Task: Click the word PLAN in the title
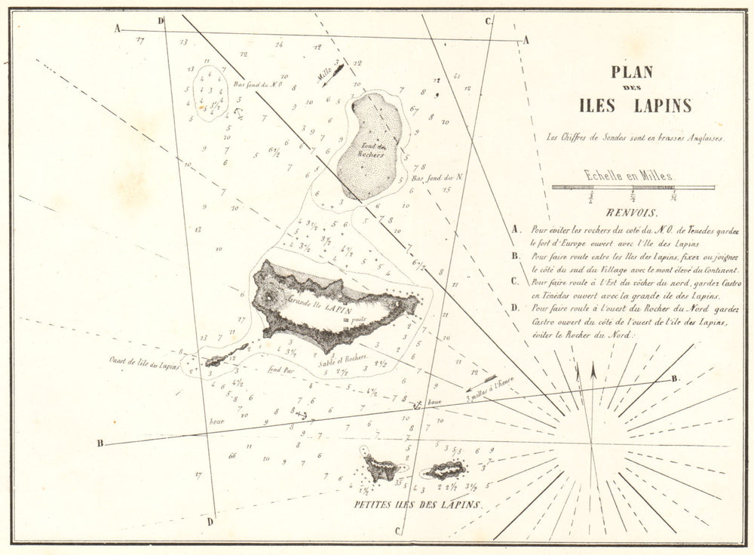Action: point(633,73)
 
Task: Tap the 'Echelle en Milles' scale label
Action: point(630,176)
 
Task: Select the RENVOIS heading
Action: point(631,213)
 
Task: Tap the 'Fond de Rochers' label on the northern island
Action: point(372,152)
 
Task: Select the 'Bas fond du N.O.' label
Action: point(258,85)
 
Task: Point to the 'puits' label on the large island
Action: point(358,319)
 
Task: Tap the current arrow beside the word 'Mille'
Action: point(333,75)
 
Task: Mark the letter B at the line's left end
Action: point(100,443)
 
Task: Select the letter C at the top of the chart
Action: point(489,21)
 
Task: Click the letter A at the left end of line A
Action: point(118,29)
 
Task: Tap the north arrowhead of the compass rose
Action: point(593,370)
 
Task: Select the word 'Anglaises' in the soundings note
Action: point(697,138)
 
